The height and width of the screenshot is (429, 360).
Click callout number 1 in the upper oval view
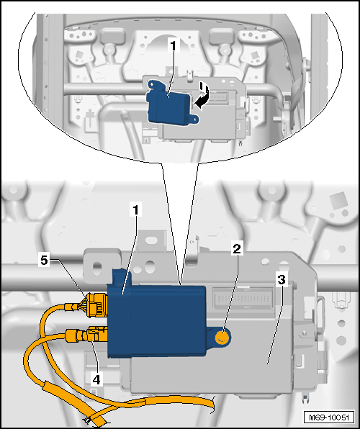pyautogui.click(x=174, y=45)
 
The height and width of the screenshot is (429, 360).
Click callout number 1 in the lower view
pyautogui.click(x=136, y=210)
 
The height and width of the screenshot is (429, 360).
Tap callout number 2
pyautogui.click(x=237, y=249)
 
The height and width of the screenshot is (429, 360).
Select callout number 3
pyautogui.click(x=282, y=279)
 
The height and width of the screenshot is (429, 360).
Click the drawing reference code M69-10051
pyautogui.click(x=329, y=417)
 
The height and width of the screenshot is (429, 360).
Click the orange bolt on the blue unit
pyautogui.click(x=222, y=338)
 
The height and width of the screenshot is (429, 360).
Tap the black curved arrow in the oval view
pyautogui.click(x=202, y=97)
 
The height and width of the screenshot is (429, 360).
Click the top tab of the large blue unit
pyautogui.click(x=122, y=276)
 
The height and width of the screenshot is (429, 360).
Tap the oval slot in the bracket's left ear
pyautogui.click(x=97, y=266)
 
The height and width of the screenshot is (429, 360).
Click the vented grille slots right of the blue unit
pyautogui.click(x=243, y=298)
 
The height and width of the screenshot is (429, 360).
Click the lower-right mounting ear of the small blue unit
pyautogui.click(x=194, y=119)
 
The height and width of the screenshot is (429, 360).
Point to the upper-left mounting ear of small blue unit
pyautogui.click(x=154, y=84)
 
